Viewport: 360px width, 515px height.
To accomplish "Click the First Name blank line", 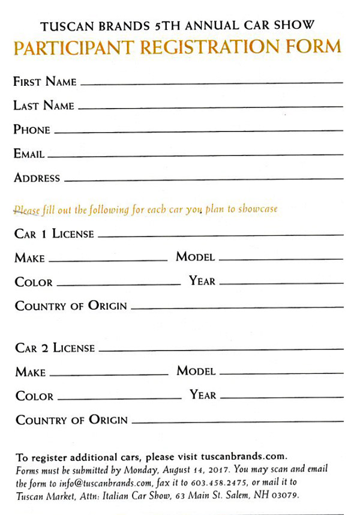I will pos(211,83).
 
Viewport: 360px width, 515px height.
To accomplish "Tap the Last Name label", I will pos(44,106).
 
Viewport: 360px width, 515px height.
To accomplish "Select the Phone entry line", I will pos(198,131).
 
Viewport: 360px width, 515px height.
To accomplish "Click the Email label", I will pos(29,154).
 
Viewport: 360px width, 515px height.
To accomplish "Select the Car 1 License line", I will pos(220,236).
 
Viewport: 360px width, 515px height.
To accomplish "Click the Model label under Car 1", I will pos(195,257).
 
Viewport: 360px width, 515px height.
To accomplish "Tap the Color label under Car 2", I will pos(34,396).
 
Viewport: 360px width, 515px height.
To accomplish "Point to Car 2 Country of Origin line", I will pos(237,423).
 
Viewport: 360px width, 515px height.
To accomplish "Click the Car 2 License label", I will pos(55,348).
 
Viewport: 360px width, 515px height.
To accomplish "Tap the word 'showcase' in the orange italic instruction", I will pos(258,209).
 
